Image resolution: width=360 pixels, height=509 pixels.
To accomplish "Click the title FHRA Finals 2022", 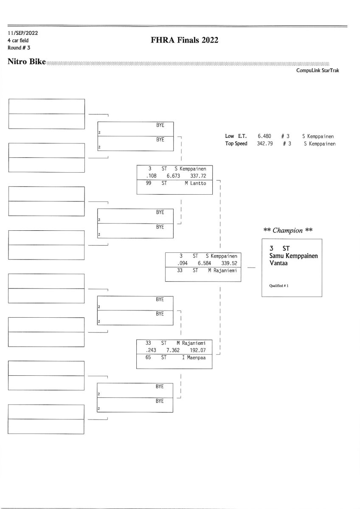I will (x=185, y=40).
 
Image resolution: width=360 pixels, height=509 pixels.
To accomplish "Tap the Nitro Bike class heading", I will (x=26, y=62).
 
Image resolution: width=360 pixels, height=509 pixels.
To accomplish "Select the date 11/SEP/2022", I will (x=20, y=33).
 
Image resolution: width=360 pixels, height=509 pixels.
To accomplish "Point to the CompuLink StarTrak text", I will (x=318, y=71).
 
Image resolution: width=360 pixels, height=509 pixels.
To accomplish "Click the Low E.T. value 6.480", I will (x=264, y=136).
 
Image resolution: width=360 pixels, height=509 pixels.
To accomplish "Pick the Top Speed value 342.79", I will (x=264, y=144).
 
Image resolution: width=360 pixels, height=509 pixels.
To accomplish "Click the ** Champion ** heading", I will (x=288, y=230).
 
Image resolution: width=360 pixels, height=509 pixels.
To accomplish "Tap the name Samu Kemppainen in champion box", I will (x=293, y=256).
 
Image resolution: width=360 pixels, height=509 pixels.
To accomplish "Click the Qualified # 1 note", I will (x=279, y=285).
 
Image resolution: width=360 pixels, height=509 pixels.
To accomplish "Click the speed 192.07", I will (x=197, y=350).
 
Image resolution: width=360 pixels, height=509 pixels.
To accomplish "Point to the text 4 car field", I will (x=18, y=40).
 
